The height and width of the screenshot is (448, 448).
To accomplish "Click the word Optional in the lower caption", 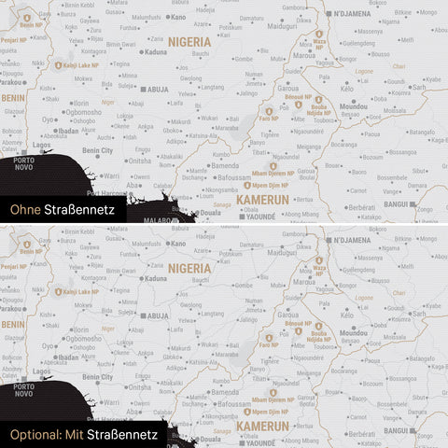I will click(30, 434).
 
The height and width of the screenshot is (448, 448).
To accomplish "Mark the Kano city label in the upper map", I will click(177, 17).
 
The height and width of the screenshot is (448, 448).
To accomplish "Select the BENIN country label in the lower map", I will click(12, 322).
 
